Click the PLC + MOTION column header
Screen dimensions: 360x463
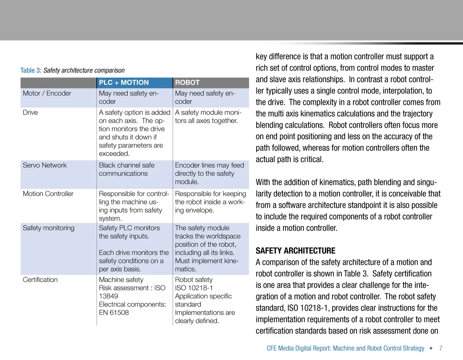[124, 83]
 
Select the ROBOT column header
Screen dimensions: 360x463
[187, 83]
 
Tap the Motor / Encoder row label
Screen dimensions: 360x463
[47, 93]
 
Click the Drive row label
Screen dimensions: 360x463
[30, 112]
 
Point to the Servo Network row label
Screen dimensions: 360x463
[45, 165]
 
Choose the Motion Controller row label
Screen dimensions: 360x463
[48, 194]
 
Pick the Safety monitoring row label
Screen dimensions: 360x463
[49, 228]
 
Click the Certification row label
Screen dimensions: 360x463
[40, 280]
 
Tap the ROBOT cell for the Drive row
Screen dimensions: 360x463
[208, 116]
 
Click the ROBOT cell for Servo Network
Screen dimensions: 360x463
[209, 173]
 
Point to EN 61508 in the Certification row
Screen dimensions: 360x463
[114, 313]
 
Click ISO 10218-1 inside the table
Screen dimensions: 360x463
[194, 288]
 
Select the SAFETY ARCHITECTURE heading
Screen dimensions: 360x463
[295, 251]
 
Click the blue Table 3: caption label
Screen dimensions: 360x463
[31, 70]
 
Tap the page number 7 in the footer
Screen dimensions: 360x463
[441, 348]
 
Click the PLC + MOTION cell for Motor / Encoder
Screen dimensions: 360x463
[129, 97]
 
